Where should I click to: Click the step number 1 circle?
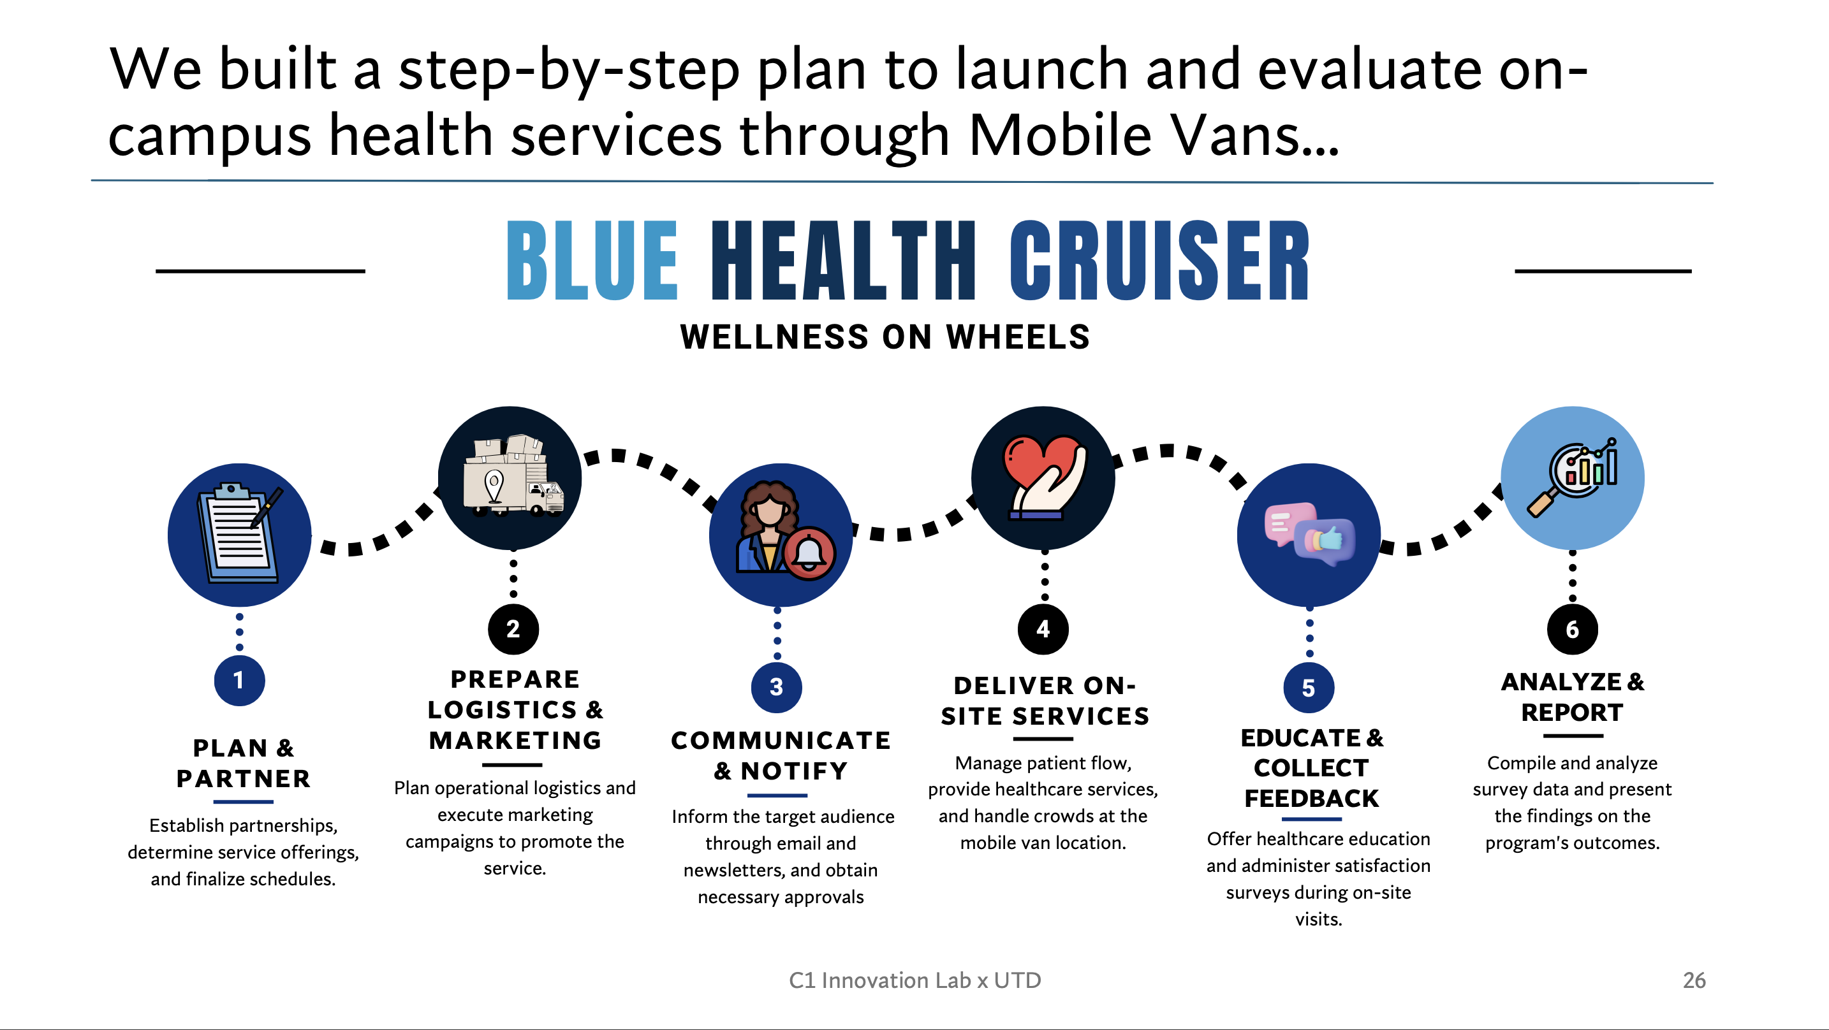(239, 680)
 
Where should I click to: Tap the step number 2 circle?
(513, 629)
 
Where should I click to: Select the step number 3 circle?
(777, 686)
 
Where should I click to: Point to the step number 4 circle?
(1043, 629)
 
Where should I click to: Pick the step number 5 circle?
(1309, 687)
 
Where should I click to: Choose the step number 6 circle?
(1573, 629)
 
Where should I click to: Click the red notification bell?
(809, 553)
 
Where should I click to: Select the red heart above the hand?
(1041, 463)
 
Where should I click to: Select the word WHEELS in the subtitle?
(1018, 337)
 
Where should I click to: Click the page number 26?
(1694, 980)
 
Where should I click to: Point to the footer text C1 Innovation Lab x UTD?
(914, 980)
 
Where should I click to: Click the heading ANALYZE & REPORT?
(1573, 697)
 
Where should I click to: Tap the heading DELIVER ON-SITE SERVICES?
(1045, 700)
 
